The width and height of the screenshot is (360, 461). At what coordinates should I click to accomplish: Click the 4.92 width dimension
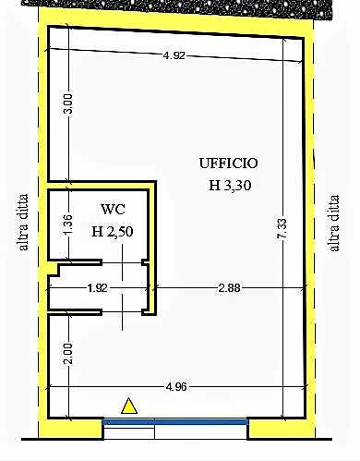pyautogui.click(x=174, y=55)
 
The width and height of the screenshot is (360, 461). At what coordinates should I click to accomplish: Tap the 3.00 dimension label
pyautogui.click(x=68, y=103)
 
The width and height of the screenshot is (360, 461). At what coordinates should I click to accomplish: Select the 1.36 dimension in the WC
pyautogui.click(x=68, y=224)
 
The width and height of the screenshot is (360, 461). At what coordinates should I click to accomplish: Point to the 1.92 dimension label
pyautogui.click(x=97, y=288)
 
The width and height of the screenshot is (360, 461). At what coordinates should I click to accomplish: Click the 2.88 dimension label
pyautogui.click(x=229, y=288)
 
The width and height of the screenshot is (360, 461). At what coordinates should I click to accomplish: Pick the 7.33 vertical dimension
pyautogui.click(x=282, y=228)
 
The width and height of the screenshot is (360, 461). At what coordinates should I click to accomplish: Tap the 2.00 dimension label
pyautogui.click(x=68, y=354)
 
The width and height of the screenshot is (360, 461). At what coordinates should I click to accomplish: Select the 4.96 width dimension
pyautogui.click(x=176, y=387)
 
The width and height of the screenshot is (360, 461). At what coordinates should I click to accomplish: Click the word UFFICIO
pyautogui.click(x=228, y=164)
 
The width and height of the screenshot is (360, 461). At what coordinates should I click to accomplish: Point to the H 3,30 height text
pyautogui.click(x=230, y=186)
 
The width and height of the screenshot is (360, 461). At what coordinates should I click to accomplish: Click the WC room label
pyautogui.click(x=113, y=210)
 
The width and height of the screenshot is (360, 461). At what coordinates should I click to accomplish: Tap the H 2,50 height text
pyautogui.click(x=113, y=232)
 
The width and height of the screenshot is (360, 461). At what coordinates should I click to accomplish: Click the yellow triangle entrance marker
pyautogui.click(x=129, y=406)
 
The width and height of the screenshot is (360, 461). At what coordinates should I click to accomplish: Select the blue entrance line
pyautogui.click(x=175, y=421)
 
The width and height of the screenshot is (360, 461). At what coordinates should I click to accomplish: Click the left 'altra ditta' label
pyautogui.click(x=23, y=222)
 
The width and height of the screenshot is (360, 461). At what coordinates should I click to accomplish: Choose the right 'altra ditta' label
pyautogui.click(x=334, y=223)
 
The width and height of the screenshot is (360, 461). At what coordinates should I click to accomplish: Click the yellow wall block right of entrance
pyautogui.click(x=281, y=429)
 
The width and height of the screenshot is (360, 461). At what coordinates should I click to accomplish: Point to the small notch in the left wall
pyautogui.click(x=54, y=269)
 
